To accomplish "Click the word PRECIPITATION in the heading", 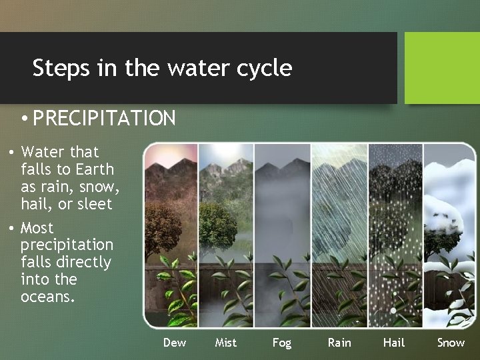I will (104, 119).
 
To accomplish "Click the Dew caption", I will (175, 343).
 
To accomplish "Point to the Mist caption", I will (226, 343).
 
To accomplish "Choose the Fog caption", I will (282, 343).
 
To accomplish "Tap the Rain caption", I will (339, 343).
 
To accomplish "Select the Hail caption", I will (394, 343).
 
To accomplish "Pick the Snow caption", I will (451, 343).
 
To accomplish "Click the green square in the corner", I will (442, 68).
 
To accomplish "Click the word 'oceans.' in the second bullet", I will (48, 297).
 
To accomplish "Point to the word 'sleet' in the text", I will (95, 204).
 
